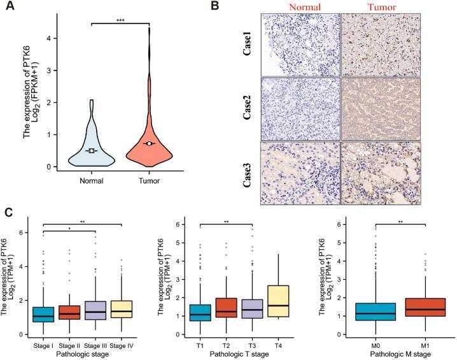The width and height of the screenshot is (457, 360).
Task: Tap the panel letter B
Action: [251, 7]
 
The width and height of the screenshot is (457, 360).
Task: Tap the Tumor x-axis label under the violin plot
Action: [148, 181]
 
